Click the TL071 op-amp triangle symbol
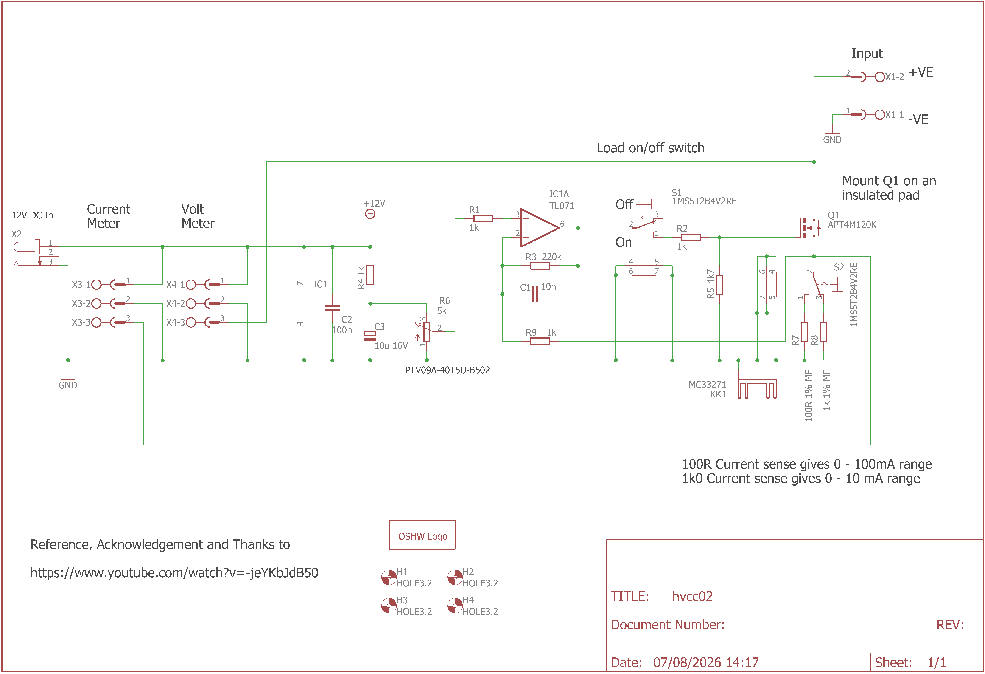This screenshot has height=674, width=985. coord(539,228)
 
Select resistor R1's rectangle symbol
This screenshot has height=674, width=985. coord(483,218)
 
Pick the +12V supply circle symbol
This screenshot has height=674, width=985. coord(370,214)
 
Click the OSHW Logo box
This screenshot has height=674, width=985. coord(422,535)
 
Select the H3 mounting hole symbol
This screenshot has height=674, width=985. coord(389,605)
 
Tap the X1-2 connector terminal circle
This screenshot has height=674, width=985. coord(880,77)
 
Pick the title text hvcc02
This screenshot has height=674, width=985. coord(692,596)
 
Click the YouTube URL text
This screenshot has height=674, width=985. coord(174,573)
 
